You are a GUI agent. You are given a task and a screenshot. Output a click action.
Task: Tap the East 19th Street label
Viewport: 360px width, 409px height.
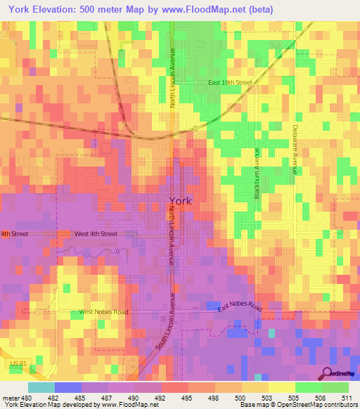pos(229,83)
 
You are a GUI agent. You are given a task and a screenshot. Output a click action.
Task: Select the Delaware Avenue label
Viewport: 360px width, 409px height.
pos(295,149)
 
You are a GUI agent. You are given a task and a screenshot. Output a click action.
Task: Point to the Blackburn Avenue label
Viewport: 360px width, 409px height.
pos(258,173)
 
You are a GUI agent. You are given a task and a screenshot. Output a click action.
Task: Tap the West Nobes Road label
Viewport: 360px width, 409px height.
pos(103,311)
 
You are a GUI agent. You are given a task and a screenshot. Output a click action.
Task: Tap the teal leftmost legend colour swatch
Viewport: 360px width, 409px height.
pos(41,387)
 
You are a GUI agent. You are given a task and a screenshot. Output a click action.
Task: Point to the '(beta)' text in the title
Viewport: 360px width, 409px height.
pos(258,9)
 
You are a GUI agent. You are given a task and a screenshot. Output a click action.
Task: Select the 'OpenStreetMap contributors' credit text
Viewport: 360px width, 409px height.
pos(317,405)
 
